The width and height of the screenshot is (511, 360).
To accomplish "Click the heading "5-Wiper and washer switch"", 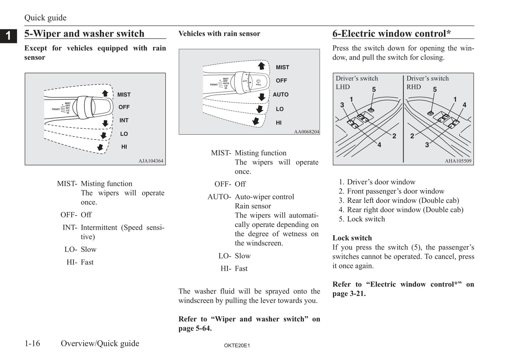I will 84,34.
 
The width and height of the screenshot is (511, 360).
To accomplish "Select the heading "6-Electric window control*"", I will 391,34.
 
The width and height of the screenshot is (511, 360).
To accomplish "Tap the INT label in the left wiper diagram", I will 124,120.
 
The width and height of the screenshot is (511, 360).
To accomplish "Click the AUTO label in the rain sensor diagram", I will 280,95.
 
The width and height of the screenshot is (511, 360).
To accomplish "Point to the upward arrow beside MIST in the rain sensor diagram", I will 261,66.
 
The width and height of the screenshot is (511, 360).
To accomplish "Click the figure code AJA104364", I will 151,161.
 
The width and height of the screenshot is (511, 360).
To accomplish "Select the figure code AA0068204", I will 306,132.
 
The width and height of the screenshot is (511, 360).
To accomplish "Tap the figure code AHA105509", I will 458,161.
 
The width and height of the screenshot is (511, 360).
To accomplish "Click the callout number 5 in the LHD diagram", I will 374,90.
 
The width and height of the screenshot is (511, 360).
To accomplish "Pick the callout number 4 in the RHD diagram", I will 464,105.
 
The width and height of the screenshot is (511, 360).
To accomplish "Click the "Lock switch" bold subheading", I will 352,238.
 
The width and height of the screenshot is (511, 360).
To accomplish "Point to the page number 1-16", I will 32,343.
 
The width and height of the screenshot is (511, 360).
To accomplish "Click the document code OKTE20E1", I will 237,346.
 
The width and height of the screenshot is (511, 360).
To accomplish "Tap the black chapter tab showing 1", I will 8,36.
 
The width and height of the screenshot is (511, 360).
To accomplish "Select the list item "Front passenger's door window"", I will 395,191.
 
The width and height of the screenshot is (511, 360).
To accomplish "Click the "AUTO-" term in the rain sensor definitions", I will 219,197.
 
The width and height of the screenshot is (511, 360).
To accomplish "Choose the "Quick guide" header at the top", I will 45,18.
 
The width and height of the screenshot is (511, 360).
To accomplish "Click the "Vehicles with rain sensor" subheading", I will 219,34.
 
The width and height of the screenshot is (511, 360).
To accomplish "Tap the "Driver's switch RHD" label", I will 427,82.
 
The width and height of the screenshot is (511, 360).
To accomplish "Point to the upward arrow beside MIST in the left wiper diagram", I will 105,93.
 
